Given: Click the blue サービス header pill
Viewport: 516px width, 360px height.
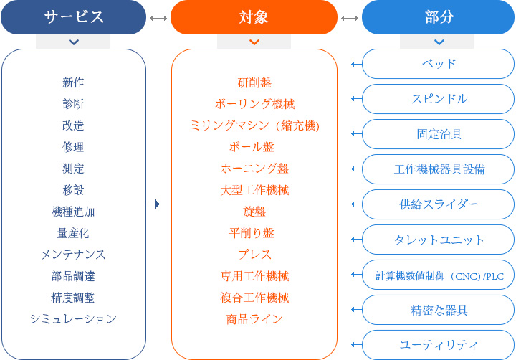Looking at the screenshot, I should click(73, 17).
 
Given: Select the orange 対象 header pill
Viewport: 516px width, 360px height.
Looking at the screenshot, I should click(254, 17).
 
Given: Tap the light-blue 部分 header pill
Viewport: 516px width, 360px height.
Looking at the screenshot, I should click(439, 17).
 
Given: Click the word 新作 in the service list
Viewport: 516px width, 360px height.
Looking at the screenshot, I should click(73, 82).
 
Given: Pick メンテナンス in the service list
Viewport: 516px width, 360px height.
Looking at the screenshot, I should click(73, 255).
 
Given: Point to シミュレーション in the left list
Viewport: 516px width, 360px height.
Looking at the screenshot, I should click(73, 319).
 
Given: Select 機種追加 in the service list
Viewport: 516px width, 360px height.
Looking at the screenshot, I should click(73, 212).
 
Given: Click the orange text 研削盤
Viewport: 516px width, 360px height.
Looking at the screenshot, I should click(254, 82).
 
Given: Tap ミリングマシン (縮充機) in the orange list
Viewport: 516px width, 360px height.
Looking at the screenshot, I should click(254, 125).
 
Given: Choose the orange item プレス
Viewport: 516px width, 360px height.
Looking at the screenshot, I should click(254, 255).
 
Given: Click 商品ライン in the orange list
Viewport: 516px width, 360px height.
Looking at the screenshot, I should click(254, 319).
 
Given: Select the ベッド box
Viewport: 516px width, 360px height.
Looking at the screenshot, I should click(439, 64).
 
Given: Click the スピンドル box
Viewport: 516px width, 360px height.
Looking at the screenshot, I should click(439, 99).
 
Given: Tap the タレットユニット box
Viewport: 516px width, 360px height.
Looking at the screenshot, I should click(439, 240).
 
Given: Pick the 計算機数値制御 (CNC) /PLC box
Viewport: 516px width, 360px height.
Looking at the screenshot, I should click(439, 275).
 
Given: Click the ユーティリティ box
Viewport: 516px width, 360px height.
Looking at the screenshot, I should click(439, 345).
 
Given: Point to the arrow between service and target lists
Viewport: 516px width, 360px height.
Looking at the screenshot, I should click(152, 204).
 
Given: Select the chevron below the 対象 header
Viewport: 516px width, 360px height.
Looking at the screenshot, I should click(254, 42).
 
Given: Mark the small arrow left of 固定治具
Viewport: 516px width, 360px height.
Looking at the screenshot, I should click(354, 134).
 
